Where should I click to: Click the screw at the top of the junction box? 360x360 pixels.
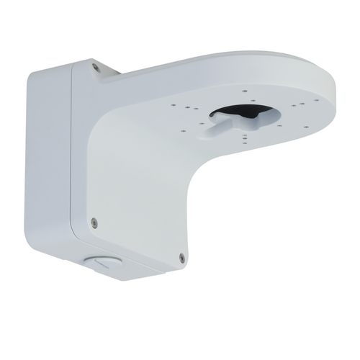click(x=96, y=67)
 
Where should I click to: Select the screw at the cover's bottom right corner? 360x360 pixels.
click(x=181, y=256)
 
